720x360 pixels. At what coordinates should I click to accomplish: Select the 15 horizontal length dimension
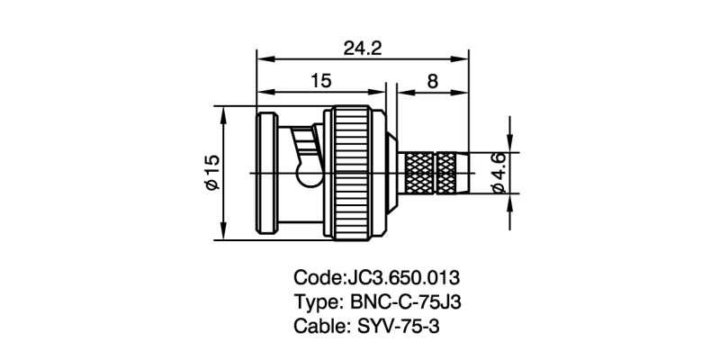pyautogui.click(x=320, y=81)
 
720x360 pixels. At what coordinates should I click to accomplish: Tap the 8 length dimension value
pyautogui.click(x=433, y=81)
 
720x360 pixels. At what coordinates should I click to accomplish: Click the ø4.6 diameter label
pyautogui.click(x=499, y=172)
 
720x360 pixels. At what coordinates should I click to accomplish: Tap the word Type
pyautogui.click(x=314, y=301)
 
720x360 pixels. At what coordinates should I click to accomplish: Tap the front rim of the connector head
pyautogui.click(x=267, y=173)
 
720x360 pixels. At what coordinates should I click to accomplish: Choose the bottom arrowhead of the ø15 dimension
pyautogui.click(x=222, y=235)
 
